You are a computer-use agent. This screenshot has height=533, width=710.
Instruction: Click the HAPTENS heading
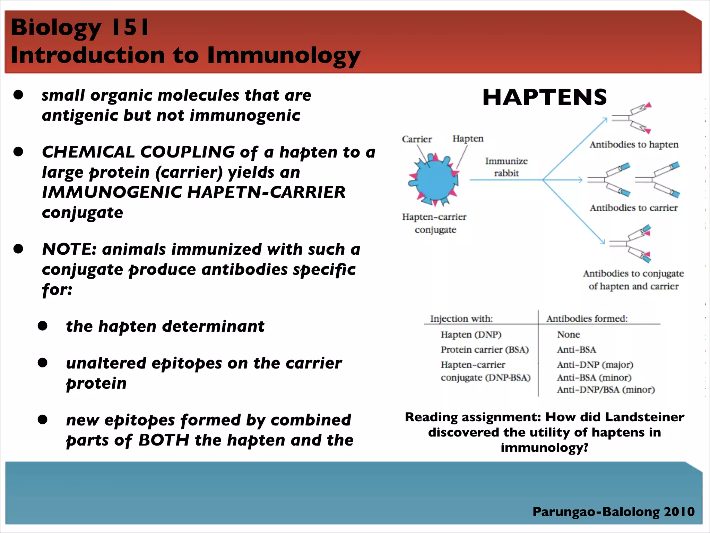(x=544, y=97)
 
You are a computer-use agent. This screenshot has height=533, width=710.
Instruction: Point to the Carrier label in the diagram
(x=416, y=139)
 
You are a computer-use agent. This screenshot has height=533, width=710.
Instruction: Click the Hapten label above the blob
(x=468, y=138)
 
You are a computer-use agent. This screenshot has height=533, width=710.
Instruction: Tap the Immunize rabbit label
(x=506, y=167)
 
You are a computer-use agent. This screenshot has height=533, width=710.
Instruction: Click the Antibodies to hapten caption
(x=634, y=144)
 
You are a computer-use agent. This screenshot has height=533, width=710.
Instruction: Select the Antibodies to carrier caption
(x=633, y=208)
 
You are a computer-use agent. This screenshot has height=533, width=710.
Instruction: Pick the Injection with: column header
(x=461, y=319)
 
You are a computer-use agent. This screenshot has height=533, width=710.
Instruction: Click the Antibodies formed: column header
(x=587, y=319)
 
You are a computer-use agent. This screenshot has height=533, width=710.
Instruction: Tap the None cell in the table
(x=568, y=335)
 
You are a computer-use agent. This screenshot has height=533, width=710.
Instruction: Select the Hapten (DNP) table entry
(x=471, y=335)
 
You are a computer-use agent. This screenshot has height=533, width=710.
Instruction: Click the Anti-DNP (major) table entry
(x=595, y=365)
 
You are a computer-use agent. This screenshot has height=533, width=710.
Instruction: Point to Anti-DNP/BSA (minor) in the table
(x=606, y=390)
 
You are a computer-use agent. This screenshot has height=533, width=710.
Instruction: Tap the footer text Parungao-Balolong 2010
(x=613, y=511)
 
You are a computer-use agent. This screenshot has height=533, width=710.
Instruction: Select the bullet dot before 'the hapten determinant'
(x=43, y=326)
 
